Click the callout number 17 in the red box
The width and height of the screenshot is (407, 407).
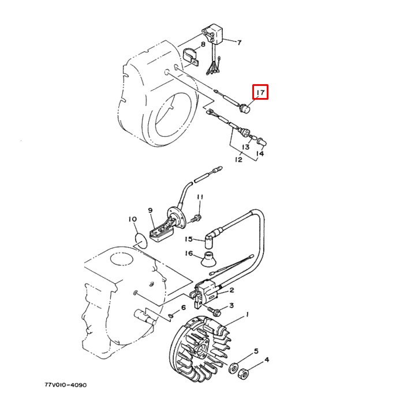[260, 92]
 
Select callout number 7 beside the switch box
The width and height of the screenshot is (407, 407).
[239, 42]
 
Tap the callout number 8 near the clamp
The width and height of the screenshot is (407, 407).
[203, 45]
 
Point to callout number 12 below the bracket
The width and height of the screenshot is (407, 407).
[238, 159]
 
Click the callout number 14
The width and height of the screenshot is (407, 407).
[260, 154]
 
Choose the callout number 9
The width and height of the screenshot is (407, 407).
[150, 210]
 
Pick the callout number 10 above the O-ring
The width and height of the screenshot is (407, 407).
[132, 220]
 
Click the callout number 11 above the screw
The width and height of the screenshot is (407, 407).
[200, 198]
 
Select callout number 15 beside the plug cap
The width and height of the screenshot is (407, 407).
[188, 239]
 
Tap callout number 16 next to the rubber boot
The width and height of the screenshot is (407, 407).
[188, 253]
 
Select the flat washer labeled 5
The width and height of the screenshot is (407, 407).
[236, 368]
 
